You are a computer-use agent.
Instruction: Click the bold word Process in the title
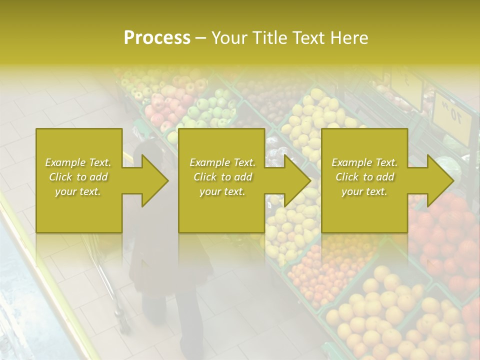pos(157,38)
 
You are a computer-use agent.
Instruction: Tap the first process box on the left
pos(78,210)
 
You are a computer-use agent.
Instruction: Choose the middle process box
pos(221,210)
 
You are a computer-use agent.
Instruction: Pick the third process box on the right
pos(364,210)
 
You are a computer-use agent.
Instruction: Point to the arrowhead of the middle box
pos(297,180)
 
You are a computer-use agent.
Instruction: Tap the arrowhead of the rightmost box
pos(440,180)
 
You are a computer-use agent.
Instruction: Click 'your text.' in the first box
pos(78,191)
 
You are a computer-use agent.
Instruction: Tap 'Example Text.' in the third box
pos(364,162)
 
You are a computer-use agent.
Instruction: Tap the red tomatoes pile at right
pos(445,235)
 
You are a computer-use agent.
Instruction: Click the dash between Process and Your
pos(200,38)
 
